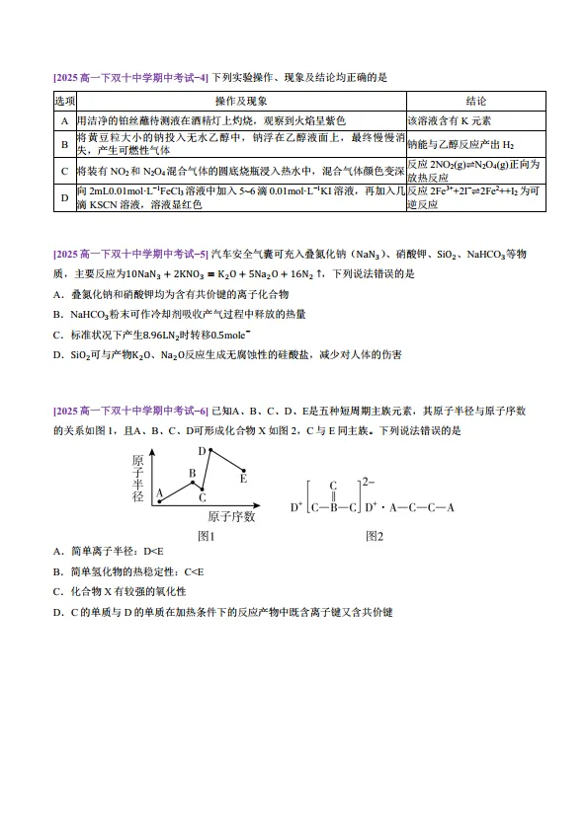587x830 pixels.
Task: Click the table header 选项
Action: click(x=64, y=101)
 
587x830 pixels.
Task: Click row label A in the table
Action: click(x=64, y=119)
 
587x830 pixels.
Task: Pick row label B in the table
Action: click(x=64, y=144)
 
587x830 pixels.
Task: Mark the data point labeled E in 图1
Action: click(x=244, y=469)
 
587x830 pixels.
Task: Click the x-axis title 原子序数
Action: click(x=231, y=516)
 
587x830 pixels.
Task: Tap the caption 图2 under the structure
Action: click(x=374, y=536)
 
